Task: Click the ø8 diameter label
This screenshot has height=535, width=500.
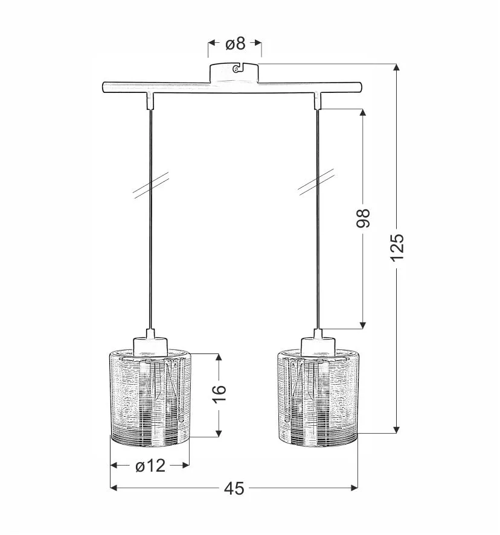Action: pos(236,43)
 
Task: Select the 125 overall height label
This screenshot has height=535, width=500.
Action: pos(397,248)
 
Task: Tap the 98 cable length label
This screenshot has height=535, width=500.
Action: pos(363,218)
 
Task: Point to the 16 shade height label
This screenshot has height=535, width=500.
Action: pos(220,394)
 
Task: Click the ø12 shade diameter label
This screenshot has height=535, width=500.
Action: pos(150,466)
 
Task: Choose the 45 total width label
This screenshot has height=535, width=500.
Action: pos(234,489)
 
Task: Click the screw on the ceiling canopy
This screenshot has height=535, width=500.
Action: pos(236,69)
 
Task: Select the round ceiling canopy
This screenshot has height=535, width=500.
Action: pos(234,72)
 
